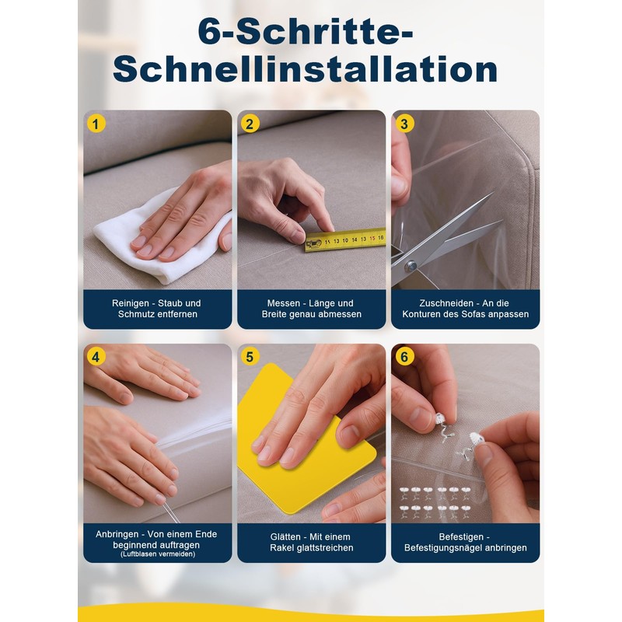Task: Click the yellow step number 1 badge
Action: pos(96,123)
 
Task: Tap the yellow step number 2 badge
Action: pos(250,123)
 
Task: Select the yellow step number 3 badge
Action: pos(404,123)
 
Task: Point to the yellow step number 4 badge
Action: pos(96,357)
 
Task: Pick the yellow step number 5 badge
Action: pos(250,357)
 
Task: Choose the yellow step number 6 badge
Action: pos(404,357)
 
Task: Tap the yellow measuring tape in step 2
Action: pos(346,239)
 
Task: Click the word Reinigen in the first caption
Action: pos(125,303)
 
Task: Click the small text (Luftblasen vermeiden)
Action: pos(157,554)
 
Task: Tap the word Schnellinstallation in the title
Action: pos(305,70)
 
